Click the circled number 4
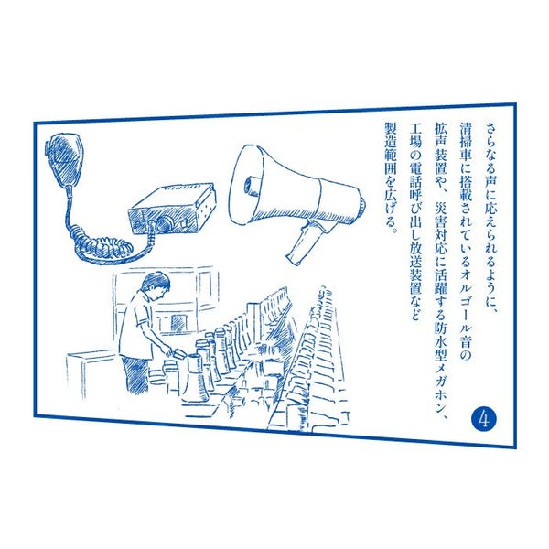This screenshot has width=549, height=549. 484,419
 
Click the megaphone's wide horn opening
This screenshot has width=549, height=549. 248,185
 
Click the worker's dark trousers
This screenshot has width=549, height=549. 135,374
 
